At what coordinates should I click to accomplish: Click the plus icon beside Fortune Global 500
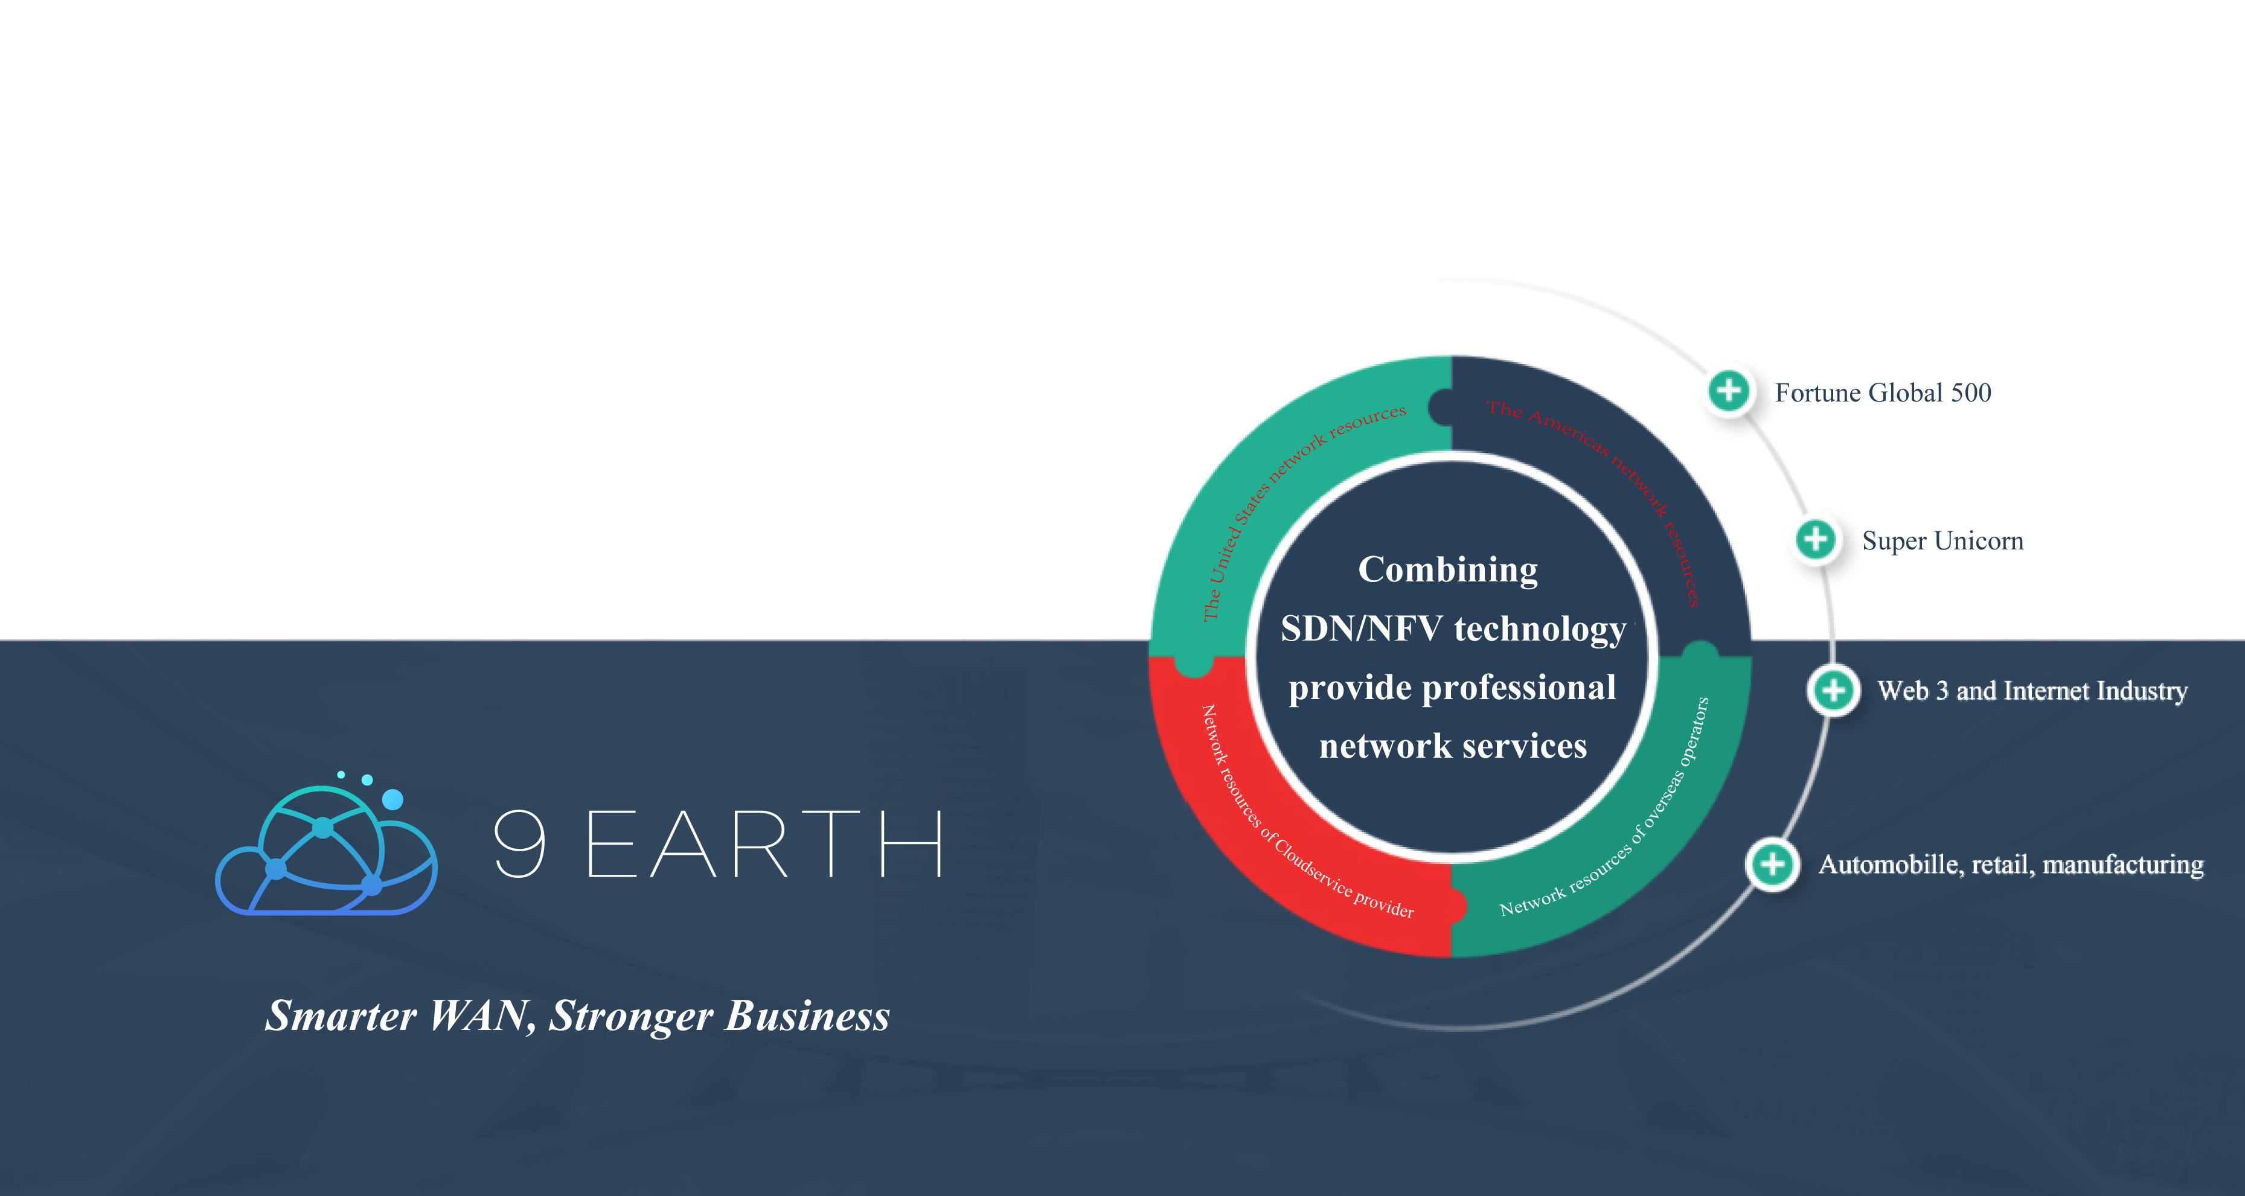pos(1729,391)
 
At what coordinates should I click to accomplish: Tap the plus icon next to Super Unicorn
pos(1816,539)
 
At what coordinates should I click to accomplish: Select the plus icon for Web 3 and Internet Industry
pos(1834,690)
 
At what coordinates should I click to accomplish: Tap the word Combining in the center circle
pos(1449,571)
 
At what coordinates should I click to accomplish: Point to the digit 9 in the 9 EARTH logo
pos(520,843)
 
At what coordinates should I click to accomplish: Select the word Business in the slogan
pos(808,1015)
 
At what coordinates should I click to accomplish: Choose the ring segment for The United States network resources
pos(1255,488)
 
